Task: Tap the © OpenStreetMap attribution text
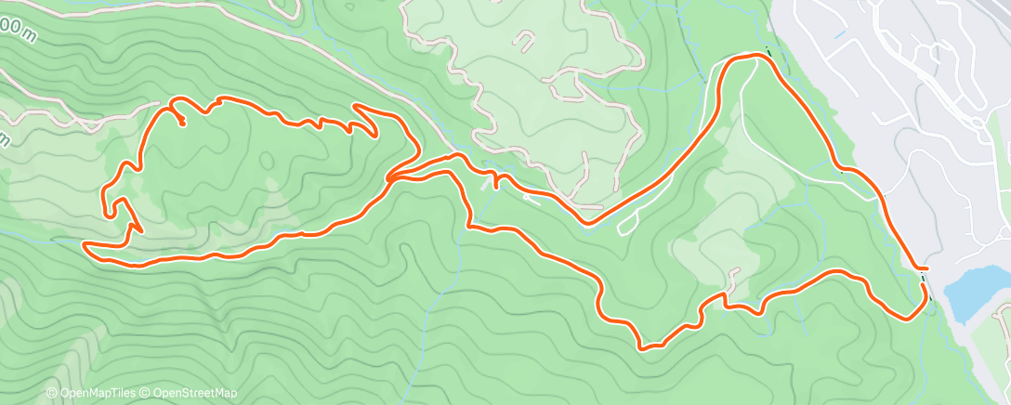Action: (188, 394)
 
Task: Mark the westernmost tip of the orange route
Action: (85, 245)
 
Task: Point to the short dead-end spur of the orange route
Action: (182, 120)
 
